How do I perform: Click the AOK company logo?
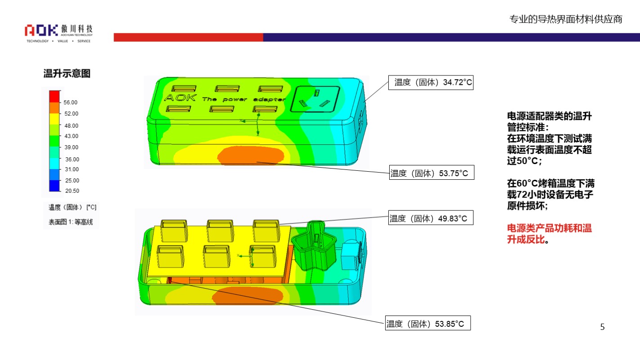tap(58, 33)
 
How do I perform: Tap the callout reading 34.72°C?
tap(431, 82)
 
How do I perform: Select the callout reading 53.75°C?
tap(431, 172)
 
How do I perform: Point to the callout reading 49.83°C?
tap(431, 218)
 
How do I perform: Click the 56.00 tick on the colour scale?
tap(70, 102)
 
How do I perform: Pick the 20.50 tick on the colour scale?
tap(72, 191)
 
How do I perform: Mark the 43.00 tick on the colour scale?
tap(71, 136)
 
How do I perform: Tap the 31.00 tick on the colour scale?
tap(71, 169)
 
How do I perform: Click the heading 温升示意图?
tap(67, 73)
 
